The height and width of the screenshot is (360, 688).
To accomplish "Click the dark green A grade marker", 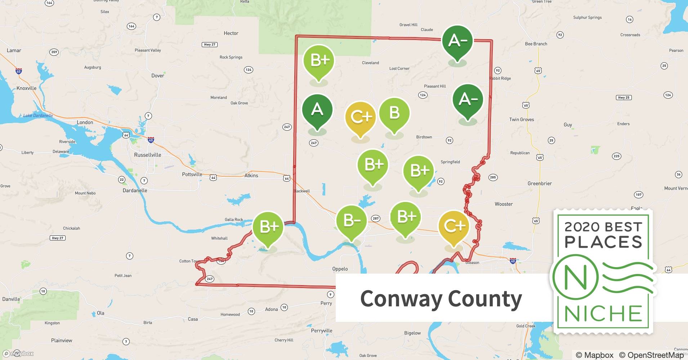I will (317, 110).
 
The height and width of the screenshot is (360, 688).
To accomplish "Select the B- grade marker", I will (351, 220).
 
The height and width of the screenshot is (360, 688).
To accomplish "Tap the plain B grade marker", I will (394, 113).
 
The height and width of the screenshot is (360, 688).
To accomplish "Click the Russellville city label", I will (147, 155).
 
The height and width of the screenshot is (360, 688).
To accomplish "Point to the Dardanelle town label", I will (135, 190).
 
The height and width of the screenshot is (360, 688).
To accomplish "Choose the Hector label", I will (231, 33).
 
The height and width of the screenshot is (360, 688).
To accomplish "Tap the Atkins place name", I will (251, 176).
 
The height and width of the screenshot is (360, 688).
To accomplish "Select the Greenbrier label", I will (539, 184).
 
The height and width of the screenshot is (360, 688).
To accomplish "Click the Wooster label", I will (503, 204).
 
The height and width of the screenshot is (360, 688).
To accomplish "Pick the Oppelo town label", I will (340, 269).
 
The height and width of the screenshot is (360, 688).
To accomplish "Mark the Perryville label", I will (321, 331).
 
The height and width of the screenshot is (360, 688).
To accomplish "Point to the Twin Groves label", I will (521, 120).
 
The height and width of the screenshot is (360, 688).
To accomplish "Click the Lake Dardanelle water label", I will (38, 116).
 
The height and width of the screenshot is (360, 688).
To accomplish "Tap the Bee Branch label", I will (536, 44).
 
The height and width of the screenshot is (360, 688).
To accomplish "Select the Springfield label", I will (450, 162).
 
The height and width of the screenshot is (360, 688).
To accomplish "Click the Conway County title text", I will (441, 299).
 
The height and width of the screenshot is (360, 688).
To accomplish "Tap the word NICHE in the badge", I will (603, 313).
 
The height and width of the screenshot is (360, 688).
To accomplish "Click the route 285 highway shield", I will (493, 177).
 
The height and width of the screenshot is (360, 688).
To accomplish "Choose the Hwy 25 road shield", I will (623, 98).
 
